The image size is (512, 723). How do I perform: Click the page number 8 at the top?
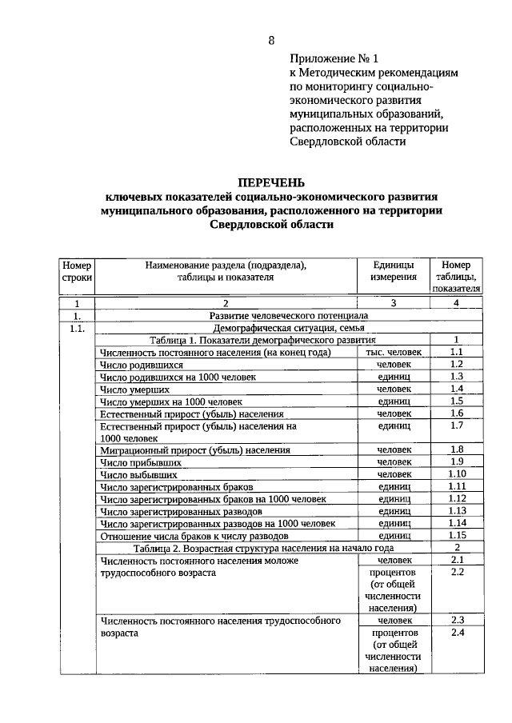pos(271,41)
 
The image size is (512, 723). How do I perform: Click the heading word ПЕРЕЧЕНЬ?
pos(271,182)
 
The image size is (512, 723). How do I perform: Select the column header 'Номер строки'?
pos(78,271)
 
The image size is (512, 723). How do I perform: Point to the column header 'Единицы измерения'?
pos(394,271)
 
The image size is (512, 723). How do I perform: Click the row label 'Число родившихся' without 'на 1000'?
pos(136,364)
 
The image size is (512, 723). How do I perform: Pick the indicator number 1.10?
pos(457,473)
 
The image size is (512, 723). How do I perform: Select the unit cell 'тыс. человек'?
pos(394,352)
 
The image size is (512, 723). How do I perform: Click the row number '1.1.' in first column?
pos(78,328)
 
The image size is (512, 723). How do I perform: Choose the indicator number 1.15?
pos(457,534)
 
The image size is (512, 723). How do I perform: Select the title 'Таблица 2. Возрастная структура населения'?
pos(263,548)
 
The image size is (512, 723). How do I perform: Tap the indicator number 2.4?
pos(457,633)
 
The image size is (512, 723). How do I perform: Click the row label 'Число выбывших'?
pos(133,474)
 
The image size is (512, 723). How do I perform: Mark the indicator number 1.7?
pos(457,425)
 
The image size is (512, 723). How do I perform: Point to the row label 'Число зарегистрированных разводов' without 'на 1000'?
pos(181,510)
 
